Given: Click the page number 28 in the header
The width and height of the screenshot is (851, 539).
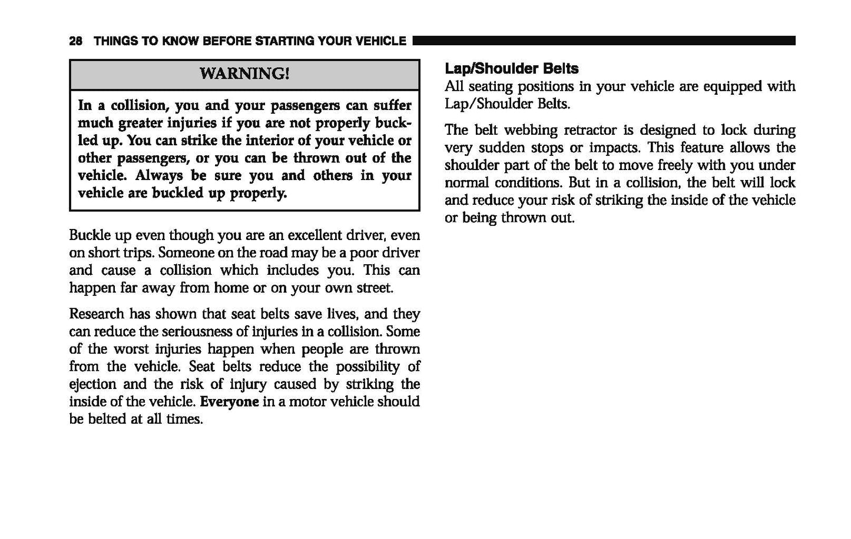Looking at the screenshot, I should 75,41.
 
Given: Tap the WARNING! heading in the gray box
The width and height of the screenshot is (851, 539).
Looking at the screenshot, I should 244,74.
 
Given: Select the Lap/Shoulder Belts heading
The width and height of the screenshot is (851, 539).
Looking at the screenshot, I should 511,69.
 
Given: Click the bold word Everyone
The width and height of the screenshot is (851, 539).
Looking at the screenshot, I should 230,402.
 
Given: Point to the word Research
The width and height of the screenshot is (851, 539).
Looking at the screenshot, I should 97,314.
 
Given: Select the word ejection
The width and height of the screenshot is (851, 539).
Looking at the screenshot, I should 92,385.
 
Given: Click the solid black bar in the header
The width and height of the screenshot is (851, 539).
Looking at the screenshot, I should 604,41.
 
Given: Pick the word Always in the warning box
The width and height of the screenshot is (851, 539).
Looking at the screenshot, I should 158,176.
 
